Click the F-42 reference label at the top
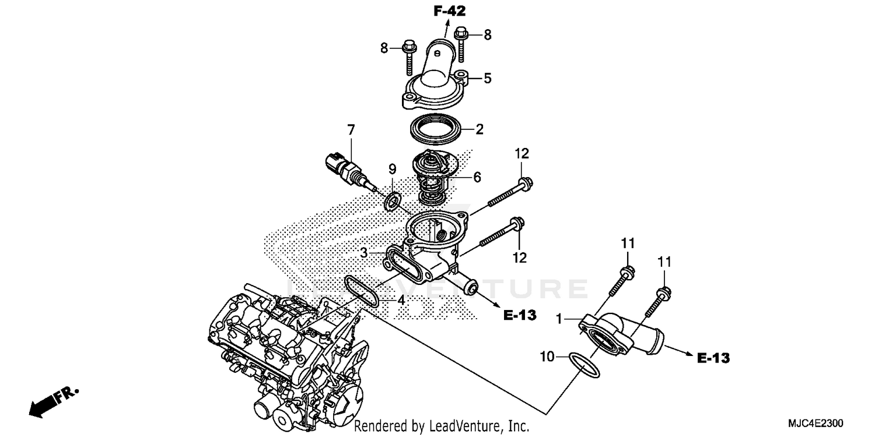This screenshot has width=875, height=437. tap(450, 10)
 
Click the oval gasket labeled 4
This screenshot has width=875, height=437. tap(362, 291)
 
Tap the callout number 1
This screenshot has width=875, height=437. tap(559, 319)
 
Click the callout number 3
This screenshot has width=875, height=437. tap(363, 253)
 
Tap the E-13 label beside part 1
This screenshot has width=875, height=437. tap(713, 358)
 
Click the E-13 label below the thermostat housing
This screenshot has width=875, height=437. tap(519, 315)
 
